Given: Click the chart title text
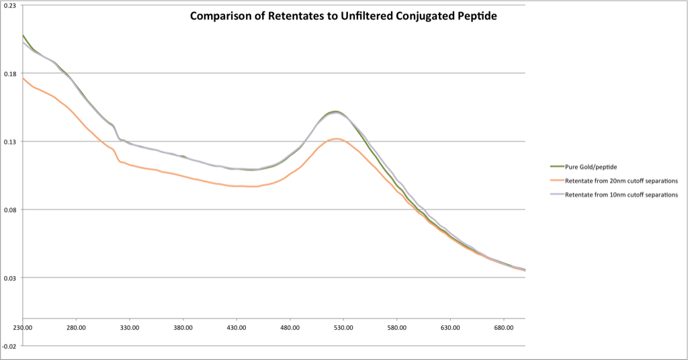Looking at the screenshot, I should [x=343, y=16].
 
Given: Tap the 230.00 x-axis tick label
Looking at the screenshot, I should [x=23, y=328].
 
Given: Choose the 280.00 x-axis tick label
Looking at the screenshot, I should [x=76, y=328].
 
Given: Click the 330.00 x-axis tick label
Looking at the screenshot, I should [x=130, y=328].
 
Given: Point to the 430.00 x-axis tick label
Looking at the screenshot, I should [x=236, y=328].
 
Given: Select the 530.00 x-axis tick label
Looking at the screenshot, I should [x=343, y=328].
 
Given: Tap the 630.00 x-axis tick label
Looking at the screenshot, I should [x=450, y=328].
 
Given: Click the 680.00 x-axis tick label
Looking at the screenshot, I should [x=504, y=328].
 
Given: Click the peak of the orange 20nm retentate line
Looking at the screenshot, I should [x=337, y=139].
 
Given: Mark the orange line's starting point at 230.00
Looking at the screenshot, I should [x=23, y=78].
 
